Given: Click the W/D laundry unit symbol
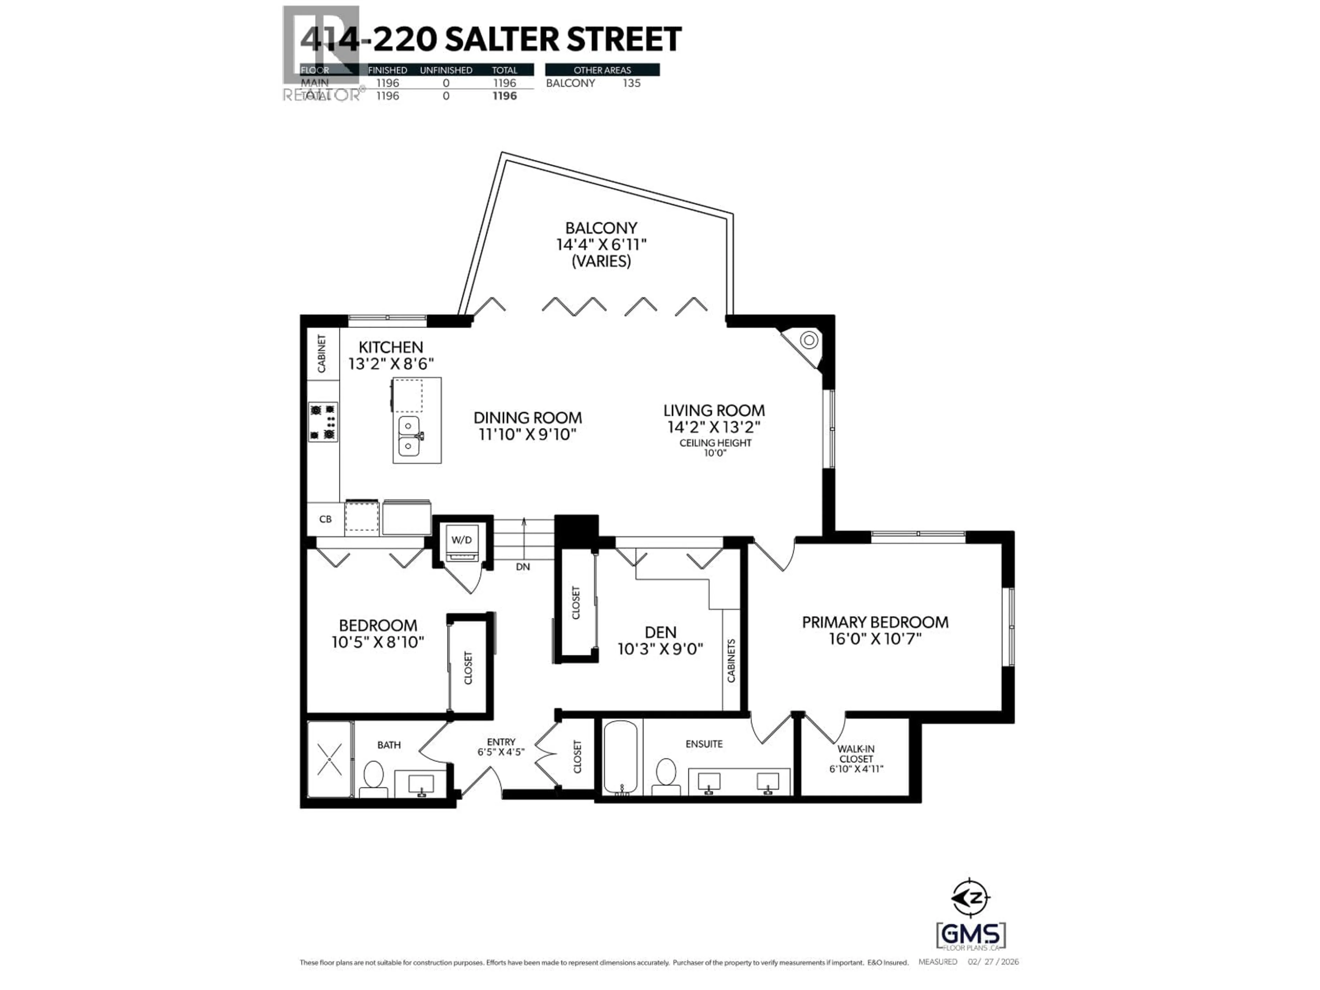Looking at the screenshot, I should (462, 543).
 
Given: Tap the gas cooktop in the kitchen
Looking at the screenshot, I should (323, 422).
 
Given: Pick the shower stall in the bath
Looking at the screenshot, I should (329, 759).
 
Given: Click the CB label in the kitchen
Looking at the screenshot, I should (325, 519).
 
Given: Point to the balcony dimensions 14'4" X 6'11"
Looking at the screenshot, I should (601, 245).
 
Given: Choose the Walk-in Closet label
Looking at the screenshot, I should (856, 754).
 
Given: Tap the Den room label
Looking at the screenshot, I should (661, 632).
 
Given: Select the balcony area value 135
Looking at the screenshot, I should (631, 83).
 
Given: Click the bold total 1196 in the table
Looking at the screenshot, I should (504, 96).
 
